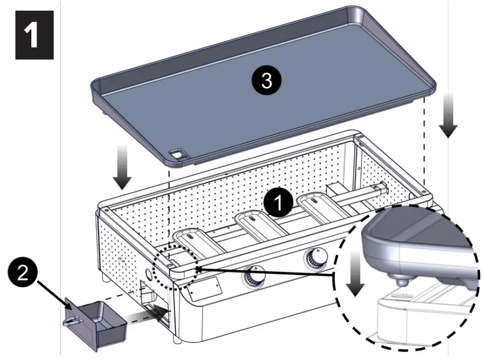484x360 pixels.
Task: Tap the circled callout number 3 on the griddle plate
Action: click(266, 81)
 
